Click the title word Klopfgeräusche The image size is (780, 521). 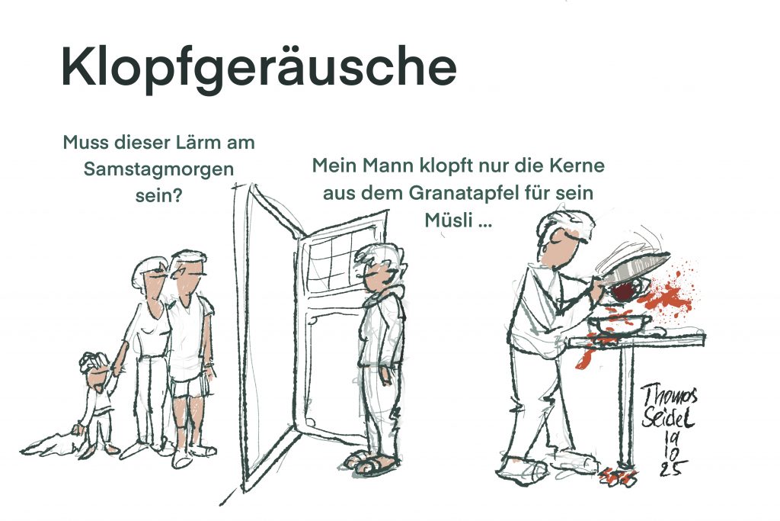tap(259, 69)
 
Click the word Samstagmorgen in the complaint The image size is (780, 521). tap(158, 170)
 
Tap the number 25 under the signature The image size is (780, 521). tap(673, 468)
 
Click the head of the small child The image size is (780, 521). tap(95, 368)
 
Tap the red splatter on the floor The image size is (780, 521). tap(618, 478)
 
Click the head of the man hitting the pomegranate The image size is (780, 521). tap(564, 239)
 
